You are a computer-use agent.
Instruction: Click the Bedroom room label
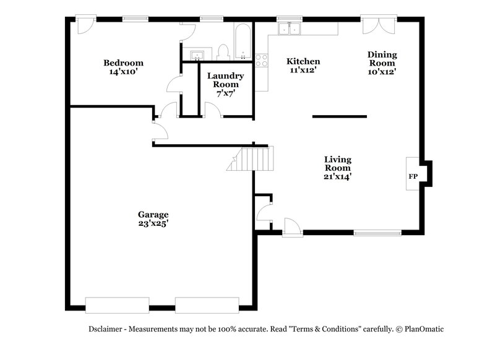[123, 63]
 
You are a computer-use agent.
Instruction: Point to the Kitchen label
[303, 61]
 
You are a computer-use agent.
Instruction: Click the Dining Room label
[382, 59]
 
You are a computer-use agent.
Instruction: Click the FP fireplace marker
[413, 177]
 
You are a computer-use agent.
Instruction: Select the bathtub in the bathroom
[242, 41]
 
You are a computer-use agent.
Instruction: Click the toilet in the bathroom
[224, 52]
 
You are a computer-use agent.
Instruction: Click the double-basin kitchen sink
[289, 30]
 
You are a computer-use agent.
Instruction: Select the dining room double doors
[379, 27]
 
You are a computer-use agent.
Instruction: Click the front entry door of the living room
[291, 227]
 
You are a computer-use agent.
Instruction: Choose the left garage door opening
[117, 305]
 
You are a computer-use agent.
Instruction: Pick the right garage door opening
[207, 305]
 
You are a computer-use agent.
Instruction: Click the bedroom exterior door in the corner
[84, 25]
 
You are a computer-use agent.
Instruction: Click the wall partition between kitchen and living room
[339, 116]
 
